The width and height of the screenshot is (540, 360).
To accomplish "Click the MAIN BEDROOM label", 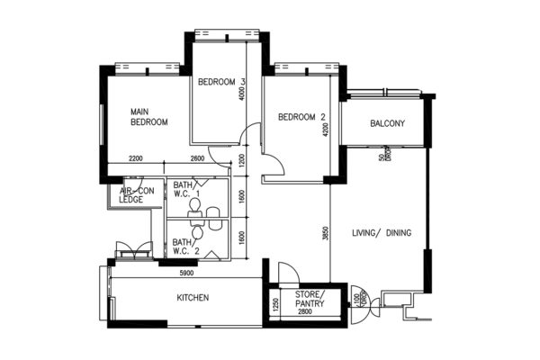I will coord(149,116).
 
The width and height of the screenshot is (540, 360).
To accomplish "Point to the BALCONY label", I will coord(387,123).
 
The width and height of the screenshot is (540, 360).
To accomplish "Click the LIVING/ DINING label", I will coord(382,233).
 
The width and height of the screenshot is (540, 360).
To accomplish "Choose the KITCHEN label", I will coord(193,297).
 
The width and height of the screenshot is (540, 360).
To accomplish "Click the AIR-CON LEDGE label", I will coord(137,195).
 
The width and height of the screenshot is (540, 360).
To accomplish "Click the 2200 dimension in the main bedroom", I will coord(137,158).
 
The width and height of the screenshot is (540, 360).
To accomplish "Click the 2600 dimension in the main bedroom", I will coord(198,158).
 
